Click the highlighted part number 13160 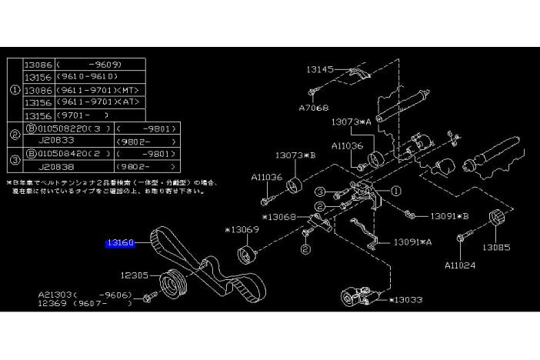pos(121,243)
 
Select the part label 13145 pos(321,69)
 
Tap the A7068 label pos(314,108)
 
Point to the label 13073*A pos(352,122)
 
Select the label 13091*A pos(413,242)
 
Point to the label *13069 pos(242,230)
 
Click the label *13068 pos(280,217)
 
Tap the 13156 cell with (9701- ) pos(38,115)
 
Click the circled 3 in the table pos(15,159)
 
